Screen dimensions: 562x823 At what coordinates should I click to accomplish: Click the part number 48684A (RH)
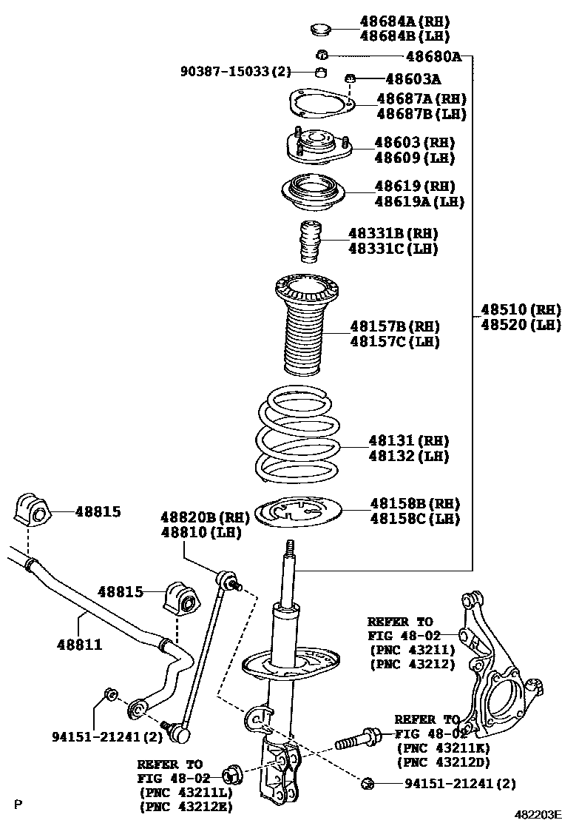click(404, 21)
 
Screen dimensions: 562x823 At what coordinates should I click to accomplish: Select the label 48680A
click(434, 56)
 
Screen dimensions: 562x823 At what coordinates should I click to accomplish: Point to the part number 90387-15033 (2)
click(235, 71)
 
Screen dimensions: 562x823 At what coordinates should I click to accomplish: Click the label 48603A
click(413, 79)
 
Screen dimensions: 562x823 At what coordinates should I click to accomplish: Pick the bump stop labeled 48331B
click(311, 242)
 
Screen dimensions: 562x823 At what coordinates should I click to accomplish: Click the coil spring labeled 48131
click(297, 436)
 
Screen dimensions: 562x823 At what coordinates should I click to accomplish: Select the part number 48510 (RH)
click(521, 309)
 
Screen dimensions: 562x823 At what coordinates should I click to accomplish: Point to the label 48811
click(79, 644)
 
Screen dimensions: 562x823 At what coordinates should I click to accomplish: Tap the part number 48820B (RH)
click(205, 517)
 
